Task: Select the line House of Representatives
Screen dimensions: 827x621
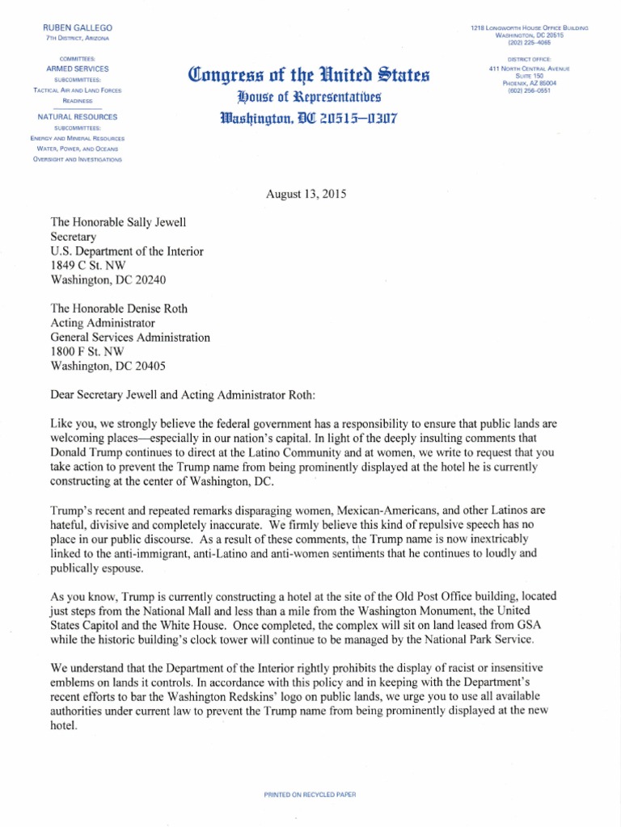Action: (309, 99)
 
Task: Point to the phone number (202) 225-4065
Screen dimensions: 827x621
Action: (530, 44)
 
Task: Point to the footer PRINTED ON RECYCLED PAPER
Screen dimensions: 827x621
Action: (310, 772)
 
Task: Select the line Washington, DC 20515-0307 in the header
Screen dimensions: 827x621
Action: (309, 119)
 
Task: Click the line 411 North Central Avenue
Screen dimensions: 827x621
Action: (530, 69)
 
